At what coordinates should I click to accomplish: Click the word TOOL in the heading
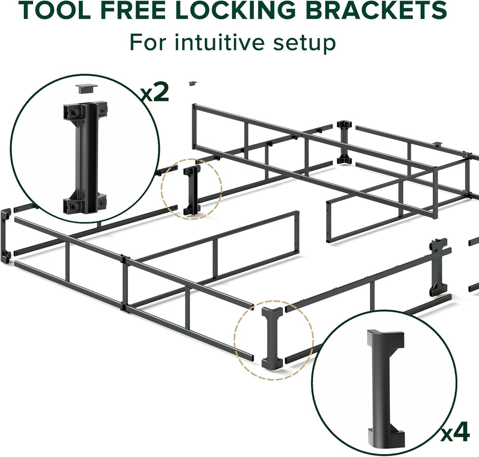point(55,10)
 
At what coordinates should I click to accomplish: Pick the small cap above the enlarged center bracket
point(87,89)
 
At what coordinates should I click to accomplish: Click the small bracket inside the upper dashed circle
point(192,191)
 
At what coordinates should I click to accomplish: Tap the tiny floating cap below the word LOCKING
point(193,83)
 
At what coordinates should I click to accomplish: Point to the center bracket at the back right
point(344,142)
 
